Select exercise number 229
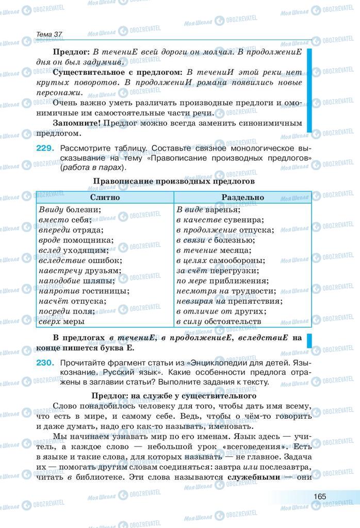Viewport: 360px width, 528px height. coord(45,148)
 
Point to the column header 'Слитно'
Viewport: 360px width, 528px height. coord(105,197)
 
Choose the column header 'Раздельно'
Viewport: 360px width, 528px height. coord(242,197)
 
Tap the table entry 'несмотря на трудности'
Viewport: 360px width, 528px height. coord(223,291)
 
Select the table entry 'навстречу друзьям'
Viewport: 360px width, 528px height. coord(73,271)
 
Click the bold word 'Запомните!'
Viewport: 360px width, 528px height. coord(77,124)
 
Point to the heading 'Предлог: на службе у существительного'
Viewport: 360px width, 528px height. coord(174,397)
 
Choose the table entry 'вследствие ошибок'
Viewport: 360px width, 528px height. coord(73,260)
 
